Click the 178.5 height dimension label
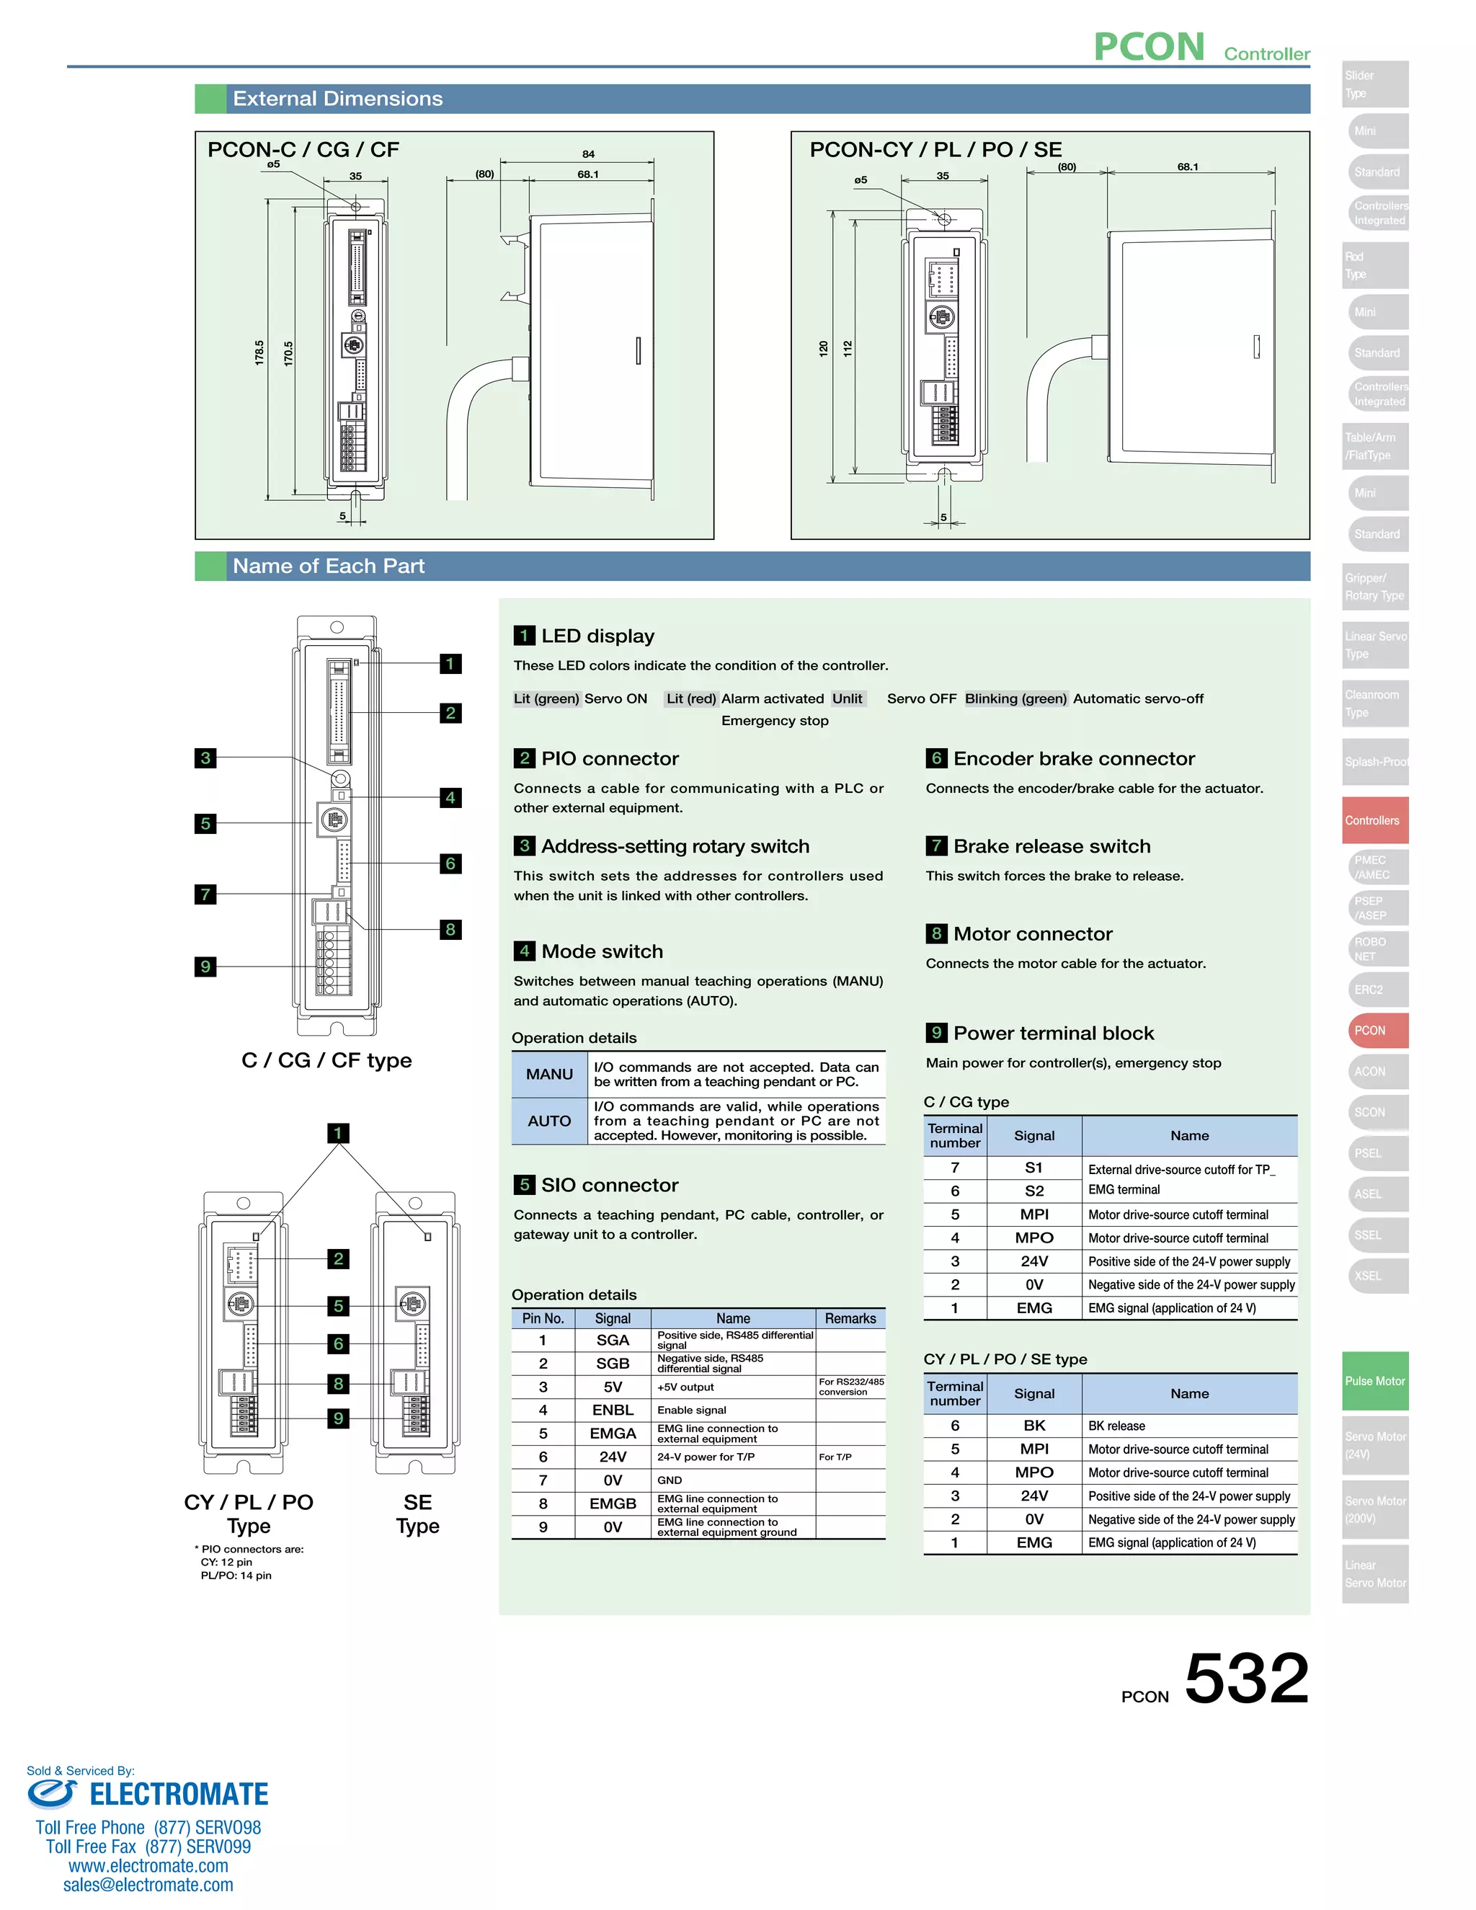click(x=259, y=352)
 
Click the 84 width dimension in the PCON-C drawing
click(x=589, y=154)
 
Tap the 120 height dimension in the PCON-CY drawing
click(x=823, y=348)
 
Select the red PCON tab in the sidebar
click(x=1374, y=1030)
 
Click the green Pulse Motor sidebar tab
click(x=1374, y=1381)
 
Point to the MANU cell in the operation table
click(x=549, y=1074)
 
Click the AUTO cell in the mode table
click(x=549, y=1120)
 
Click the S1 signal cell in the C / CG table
click(x=1033, y=1168)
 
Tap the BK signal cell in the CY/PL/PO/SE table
click(x=1033, y=1426)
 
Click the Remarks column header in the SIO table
click(x=850, y=1318)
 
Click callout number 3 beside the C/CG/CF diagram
click(x=205, y=758)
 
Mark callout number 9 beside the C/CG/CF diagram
click(x=205, y=967)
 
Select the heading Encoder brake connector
click(x=1073, y=758)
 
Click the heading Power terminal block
click(x=1053, y=1033)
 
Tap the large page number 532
click(x=1246, y=1677)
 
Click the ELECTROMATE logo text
click(x=179, y=1794)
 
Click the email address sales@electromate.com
click(x=148, y=1885)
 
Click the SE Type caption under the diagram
click(x=417, y=1514)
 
